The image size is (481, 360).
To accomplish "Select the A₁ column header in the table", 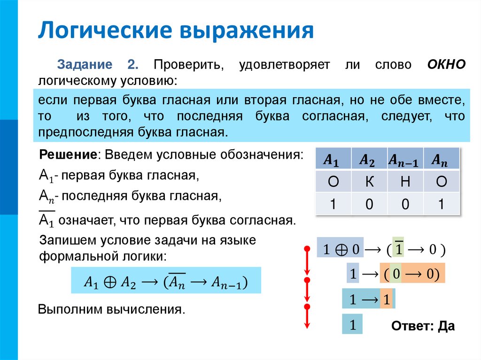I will (x=333, y=160).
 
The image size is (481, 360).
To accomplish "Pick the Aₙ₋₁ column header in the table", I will (x=405, y=160).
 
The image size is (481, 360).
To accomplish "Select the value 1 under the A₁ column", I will (x=333, y=204).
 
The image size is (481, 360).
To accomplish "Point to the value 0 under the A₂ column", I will (x=370, y=204).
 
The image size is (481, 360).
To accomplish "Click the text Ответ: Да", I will (x=423, y=326).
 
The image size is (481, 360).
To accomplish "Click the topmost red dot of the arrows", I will (x=307, y=248).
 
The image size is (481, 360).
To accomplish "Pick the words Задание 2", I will (x=96, y=65).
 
